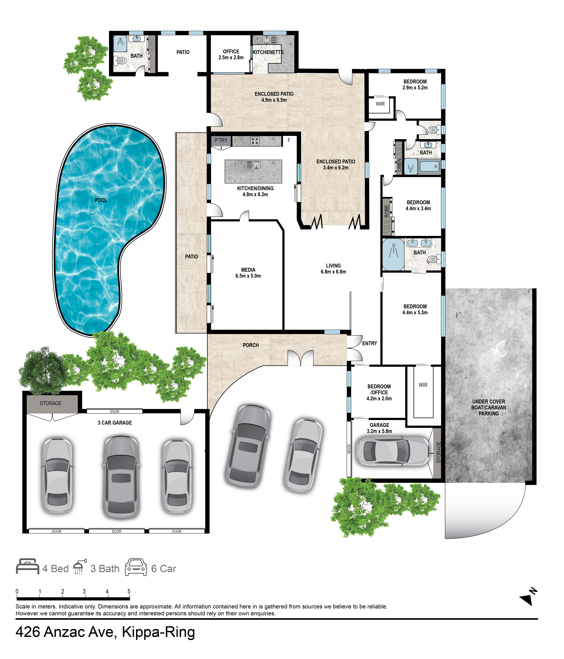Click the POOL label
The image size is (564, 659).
coord(101,200)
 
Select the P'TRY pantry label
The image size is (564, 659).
coord(221,140)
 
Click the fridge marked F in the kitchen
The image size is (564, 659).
coord(289,140)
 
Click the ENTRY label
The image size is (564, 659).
coord(369,343)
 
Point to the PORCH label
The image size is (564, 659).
coord(251,345)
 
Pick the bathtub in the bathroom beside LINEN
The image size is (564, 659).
coord(429,166)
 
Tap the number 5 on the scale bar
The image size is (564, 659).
coord(129,591)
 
